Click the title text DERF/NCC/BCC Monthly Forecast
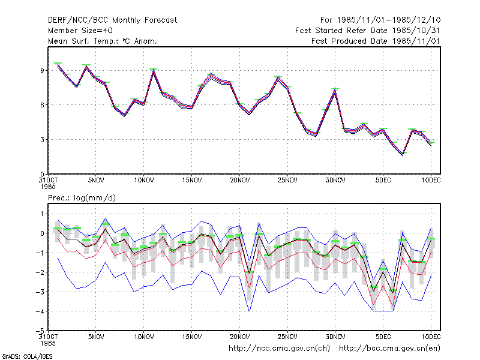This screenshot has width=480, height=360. (x=112, y=20)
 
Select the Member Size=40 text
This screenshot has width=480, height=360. (x=80, y=31)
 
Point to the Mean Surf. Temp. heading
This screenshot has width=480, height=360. (x=102, y=41)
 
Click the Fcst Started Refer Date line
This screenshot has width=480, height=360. (x=367, y=31)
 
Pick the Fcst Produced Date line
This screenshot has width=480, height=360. (x=376, y=41)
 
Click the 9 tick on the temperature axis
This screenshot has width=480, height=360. (x=42, y=70)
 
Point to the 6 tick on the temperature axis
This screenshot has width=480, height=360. (x=42, y=105)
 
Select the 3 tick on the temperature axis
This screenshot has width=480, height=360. (x=42, y=140)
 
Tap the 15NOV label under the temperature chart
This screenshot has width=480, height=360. (x=192, y=181)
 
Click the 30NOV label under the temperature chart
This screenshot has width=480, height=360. (x=335, y=181)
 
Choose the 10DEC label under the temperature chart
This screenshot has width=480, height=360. (x=431, y=181)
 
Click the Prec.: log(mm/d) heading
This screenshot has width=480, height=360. (x=82, y=198)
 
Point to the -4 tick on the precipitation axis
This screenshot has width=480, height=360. (x=40, y=311)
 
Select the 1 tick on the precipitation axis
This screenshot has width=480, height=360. (x=43, y=214)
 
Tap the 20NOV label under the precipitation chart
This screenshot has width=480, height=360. (x=239, y=337)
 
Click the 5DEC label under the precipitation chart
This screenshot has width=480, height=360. (x=383, y=337)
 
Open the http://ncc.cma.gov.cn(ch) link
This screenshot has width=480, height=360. (x=279, y=349)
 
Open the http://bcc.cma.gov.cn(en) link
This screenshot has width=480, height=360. (x=389, y=349)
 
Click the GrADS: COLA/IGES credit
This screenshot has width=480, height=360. (x=27, y=356)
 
